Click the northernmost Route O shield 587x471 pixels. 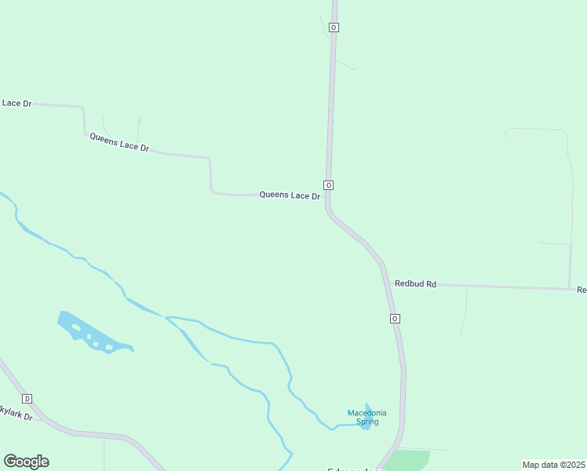334,27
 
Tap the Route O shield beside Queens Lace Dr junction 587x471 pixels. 328,185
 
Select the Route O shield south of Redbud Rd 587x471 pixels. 394,318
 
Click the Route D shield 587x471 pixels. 27,398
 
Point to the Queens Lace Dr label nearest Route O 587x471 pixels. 290,195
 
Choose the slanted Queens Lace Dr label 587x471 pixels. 119,142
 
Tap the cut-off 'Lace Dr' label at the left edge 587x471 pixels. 16,103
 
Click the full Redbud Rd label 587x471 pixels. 415,283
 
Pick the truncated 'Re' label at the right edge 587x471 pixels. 582,290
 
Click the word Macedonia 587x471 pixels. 367,413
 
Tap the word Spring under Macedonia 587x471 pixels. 367,422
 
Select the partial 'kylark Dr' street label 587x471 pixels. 16,412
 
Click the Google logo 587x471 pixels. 26,462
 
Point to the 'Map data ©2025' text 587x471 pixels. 553,465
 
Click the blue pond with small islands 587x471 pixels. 90,334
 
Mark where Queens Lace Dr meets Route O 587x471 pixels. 328,196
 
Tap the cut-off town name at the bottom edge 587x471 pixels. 356,469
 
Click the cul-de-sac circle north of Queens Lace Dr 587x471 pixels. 140,119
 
